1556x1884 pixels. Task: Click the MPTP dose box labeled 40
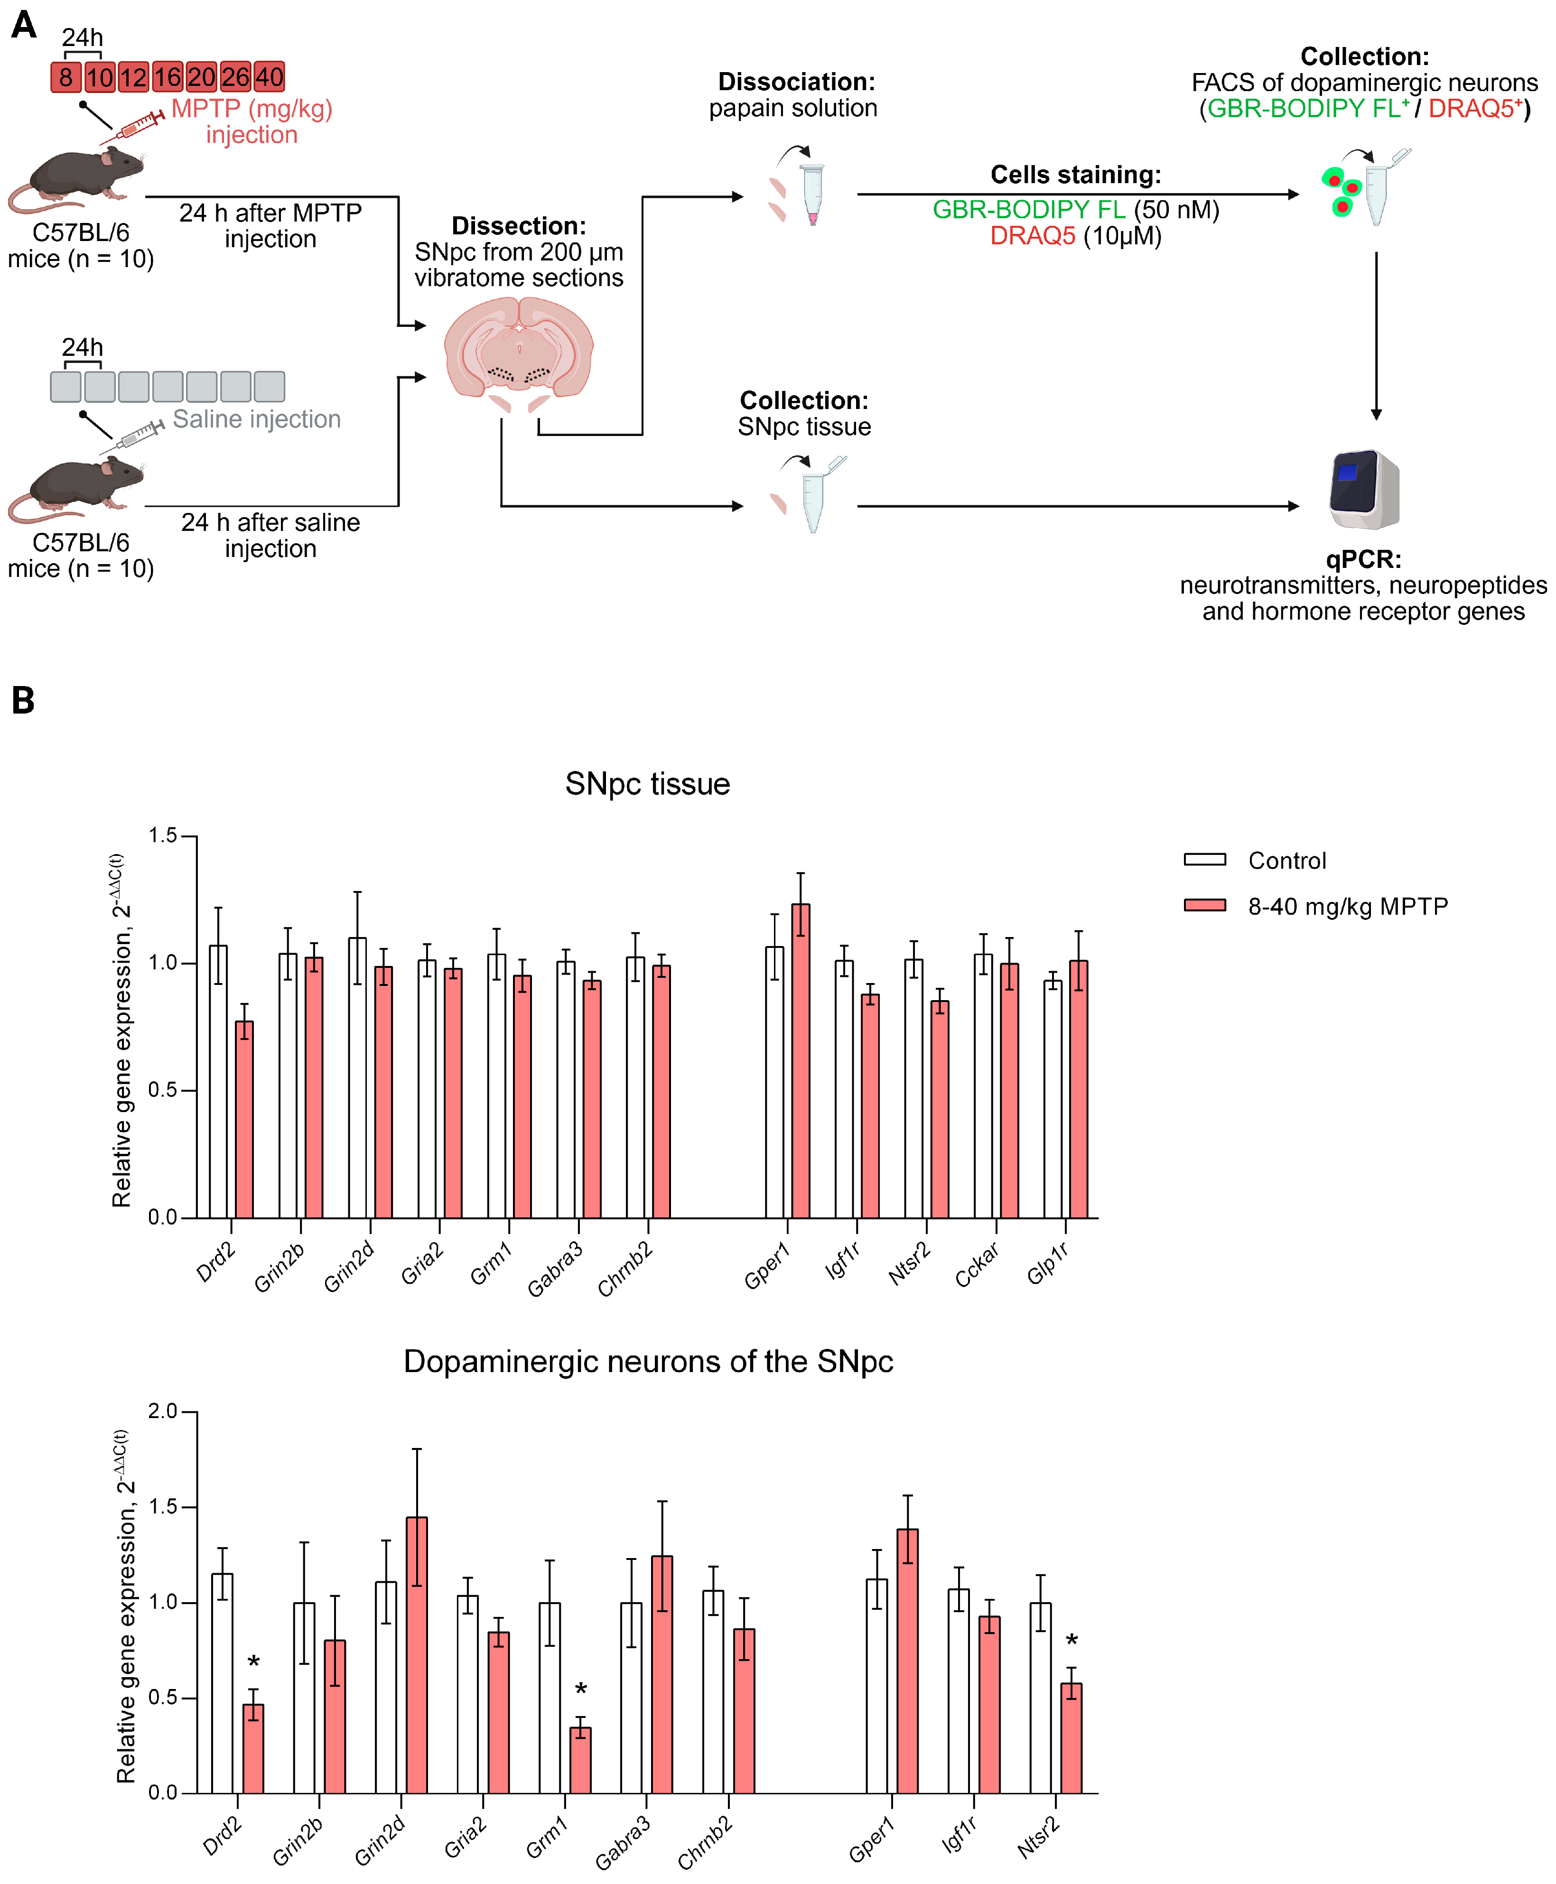pyautogui.click(x=269, y=77)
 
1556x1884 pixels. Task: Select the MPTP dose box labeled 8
pyautogui.click(x=65, y=77)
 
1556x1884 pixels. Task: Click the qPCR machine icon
pyautogui.click(x=1362, y=489)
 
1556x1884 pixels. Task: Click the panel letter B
pyautogui.click(x=23, y=700)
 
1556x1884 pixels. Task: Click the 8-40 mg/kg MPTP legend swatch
pyautogui.click(x=1205, y=905)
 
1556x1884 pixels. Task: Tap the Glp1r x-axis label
pyautogui.click(x=1047, y=1264)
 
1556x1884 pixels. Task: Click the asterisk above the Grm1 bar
pyautogui.click(x=581, y=1689)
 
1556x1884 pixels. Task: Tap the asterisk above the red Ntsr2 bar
pyautogui.click(x=1071, y=1640)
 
